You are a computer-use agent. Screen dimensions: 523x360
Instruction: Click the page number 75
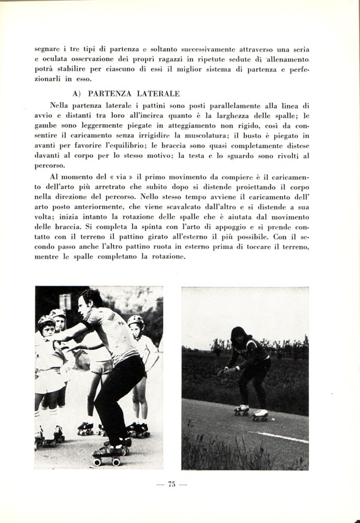(172, 485)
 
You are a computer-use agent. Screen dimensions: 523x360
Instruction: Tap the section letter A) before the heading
(77, 94)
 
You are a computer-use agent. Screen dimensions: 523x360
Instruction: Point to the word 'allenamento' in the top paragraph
(284, 61)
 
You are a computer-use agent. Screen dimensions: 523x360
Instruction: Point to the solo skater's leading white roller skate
(260, 414)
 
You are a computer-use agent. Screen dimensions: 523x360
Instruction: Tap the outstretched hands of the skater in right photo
(224, 371)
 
